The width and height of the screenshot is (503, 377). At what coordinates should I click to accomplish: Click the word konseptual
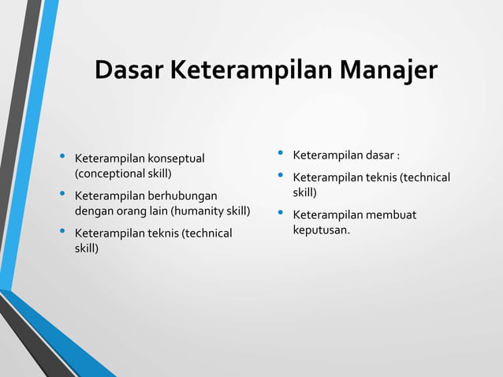coord(175,159)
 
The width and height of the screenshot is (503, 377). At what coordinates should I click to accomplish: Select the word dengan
coord(95,211)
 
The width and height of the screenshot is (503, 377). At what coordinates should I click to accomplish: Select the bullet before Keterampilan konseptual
coord(63,159)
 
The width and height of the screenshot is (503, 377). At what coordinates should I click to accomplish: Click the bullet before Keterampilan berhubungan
coord(63,195)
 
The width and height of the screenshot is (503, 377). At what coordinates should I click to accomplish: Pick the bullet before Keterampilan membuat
coord(281,215)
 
